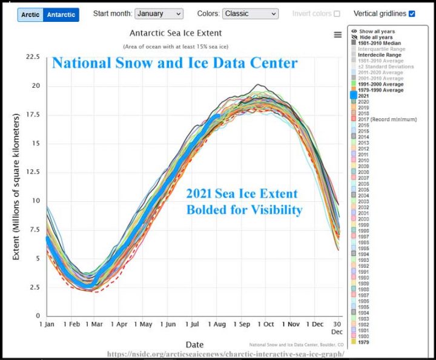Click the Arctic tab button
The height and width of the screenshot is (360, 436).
tap(30, 14)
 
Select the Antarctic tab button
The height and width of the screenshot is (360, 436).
tap(61, 14)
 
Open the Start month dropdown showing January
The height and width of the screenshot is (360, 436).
tap(159, 13)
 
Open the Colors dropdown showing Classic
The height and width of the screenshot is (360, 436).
tap(250, 13)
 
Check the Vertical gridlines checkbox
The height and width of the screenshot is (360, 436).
tap(412, 13)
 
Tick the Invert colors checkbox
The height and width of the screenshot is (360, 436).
tap(337, 13)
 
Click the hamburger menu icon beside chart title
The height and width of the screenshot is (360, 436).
tap(338, 35)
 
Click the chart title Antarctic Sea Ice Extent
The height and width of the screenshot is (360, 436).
tap(176, 33)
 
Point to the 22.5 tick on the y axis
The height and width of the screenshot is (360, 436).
tap(32, 57)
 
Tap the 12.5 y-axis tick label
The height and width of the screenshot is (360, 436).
tap(32, 172)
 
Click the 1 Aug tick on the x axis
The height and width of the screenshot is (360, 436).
tap(217, 324)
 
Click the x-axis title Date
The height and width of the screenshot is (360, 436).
tap(194, 344)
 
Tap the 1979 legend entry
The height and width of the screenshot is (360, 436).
tap(363, 342)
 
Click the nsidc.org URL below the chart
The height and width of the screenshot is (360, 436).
tap(225, 354)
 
